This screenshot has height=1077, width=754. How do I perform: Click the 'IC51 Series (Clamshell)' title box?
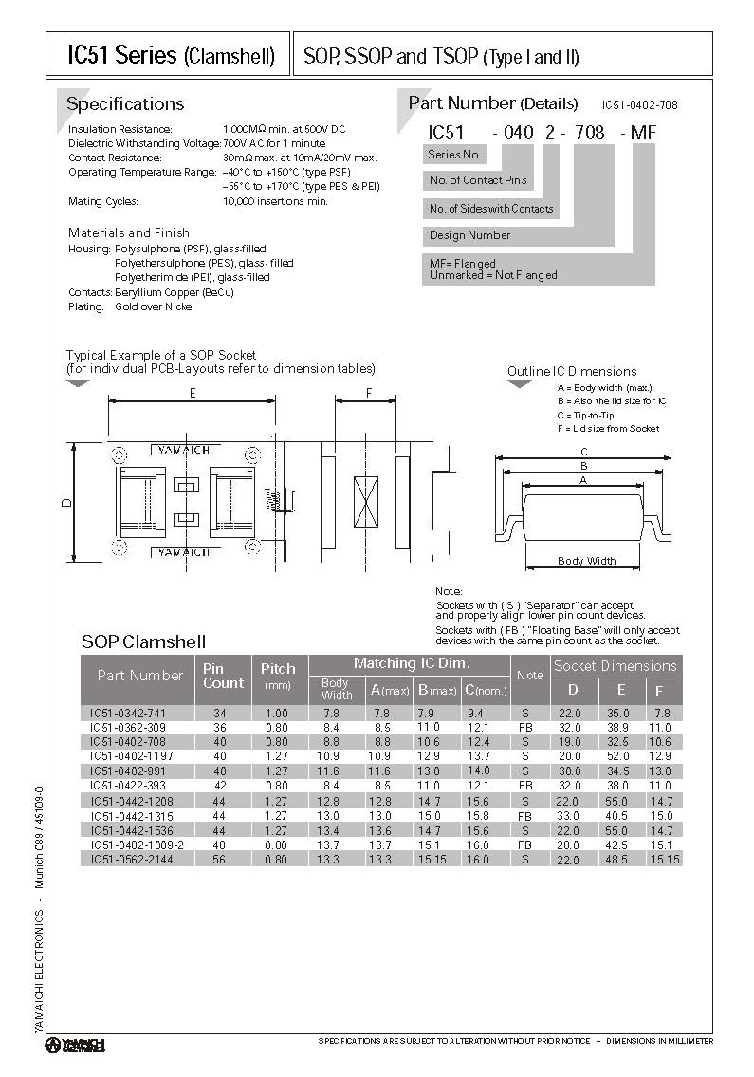pos(171,55)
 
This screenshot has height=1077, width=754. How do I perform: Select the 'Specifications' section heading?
pos(125,104)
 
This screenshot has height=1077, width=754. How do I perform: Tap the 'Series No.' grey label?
pos(455,155)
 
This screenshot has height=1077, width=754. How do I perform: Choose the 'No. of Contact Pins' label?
pos(478,180)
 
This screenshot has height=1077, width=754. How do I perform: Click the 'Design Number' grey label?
pos(470,235)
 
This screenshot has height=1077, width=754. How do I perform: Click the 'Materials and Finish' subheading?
pos(129,232)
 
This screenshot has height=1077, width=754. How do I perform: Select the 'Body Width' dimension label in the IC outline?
pos(586,561)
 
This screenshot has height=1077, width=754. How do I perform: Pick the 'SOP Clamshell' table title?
pos(143,641)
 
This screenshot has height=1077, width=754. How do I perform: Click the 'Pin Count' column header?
pos(223,676)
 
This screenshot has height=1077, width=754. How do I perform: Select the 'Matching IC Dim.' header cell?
pos(412,663)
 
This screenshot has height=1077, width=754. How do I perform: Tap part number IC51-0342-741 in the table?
pos(127,713)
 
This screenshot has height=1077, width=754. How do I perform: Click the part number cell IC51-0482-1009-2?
pos(137,845)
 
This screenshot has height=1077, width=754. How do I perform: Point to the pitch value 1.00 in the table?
pos(277,713)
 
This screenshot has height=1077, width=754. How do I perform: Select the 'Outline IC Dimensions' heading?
pos(572,371)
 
